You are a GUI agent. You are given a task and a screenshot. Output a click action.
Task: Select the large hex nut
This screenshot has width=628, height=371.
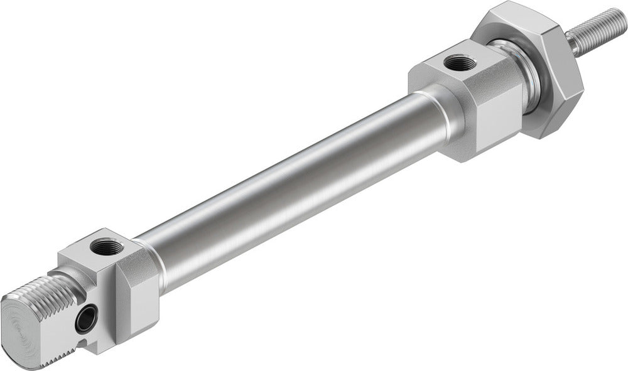[x=540, y=69]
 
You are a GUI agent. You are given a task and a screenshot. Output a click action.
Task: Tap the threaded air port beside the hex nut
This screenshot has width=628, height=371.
[x=452, y=62]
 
